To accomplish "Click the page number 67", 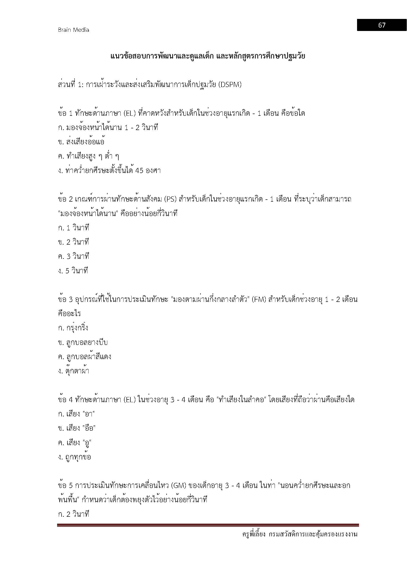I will click(x=381, y=25).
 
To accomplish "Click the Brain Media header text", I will click(x=73, y=30).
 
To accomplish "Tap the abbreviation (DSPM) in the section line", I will click(x=230, y=85).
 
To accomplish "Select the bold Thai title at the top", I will click(x=207, y=56).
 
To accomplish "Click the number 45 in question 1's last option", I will click(x=139, y=171).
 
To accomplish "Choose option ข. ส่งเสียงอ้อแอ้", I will click(x=81, y=142).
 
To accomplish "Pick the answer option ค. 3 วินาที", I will click(x=73, y=256).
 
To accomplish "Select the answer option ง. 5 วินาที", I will click(x=73, y=271).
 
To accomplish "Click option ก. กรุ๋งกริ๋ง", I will click(x=73, y=328).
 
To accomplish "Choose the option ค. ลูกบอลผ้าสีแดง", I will click(x=84, y=357).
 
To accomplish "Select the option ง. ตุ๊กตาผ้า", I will click(x=73, y=371).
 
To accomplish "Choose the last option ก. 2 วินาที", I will click(x=73, y=514).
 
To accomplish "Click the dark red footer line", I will click(x=208, y=525).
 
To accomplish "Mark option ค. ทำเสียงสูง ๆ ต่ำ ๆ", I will click(x=88, y=157).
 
